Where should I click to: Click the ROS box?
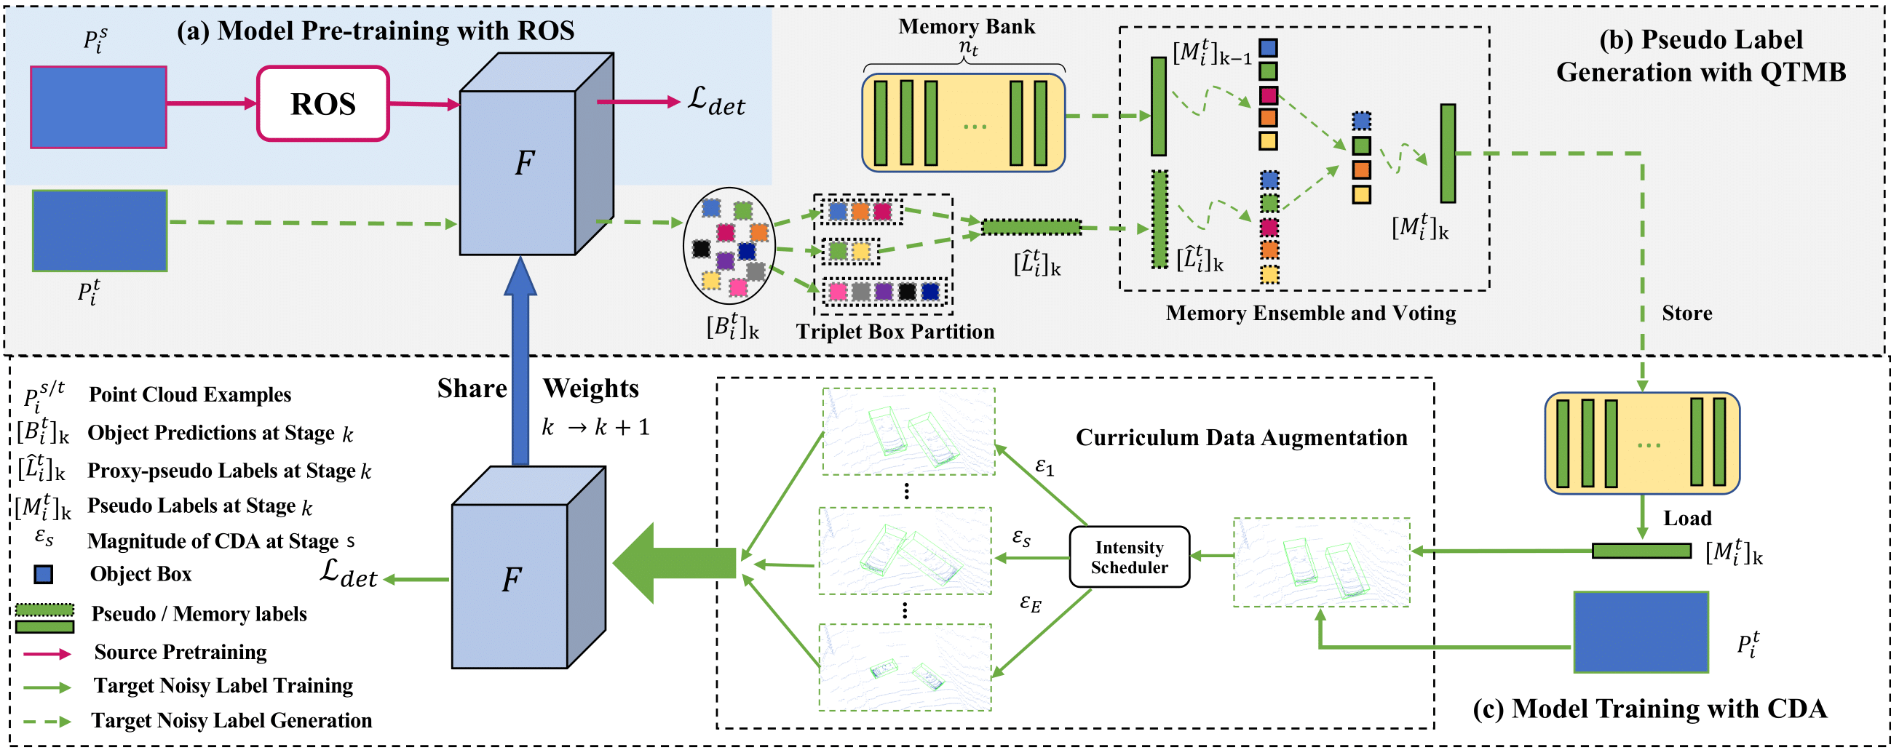(322, 103)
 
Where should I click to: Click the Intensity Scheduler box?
(1128, 557)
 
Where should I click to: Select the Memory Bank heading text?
(966, 26)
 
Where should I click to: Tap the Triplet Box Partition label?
(895, 332)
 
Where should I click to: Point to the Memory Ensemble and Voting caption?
(1310, 314)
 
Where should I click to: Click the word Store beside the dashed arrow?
(1686, 314)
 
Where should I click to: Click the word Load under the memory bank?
(1686, 518)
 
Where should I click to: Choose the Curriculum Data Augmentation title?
(1241, 437)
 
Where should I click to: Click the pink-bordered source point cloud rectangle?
(98, 107)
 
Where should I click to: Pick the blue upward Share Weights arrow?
(520, 367)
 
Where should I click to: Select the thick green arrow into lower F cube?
(675, 563)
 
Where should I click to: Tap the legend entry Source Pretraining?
(180, 652)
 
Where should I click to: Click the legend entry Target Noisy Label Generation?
(231, 721)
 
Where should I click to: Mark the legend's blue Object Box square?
(44, 574)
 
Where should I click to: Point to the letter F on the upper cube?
(523, 163)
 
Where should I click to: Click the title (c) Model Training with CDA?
(1649, 709)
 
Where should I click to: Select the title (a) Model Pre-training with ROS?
(375, 31)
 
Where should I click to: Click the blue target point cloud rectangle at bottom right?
(1641, 632)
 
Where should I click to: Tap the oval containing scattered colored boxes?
(728, 246)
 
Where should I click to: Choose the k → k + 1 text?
(595, 428)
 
